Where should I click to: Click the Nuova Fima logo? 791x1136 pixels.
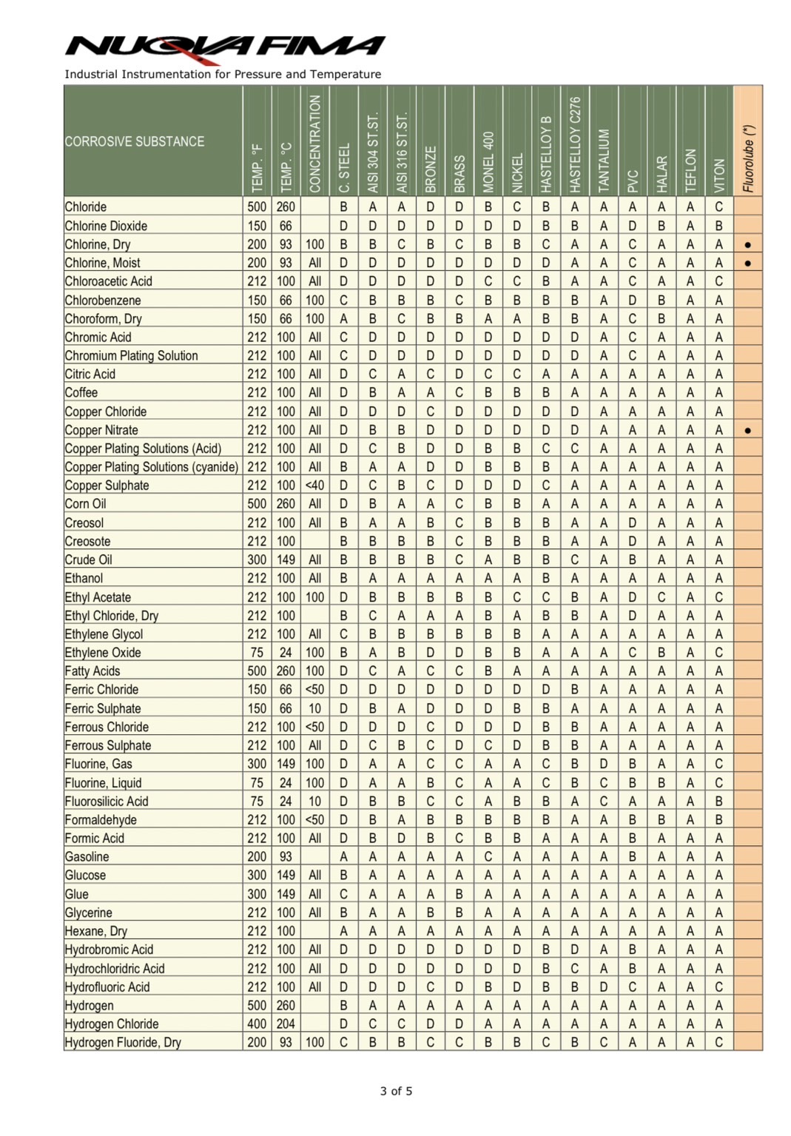tap(225, 47)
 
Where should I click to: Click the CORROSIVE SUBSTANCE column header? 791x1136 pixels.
tap(134, 141)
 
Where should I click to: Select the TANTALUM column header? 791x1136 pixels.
tap(604, 158)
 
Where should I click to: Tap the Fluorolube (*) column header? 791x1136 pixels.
tap(748, 158)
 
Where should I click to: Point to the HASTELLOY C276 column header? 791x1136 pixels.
tap(575, 144)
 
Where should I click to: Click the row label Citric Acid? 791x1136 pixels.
tap(90, 374)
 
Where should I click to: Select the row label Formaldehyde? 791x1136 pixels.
tap(101, 820)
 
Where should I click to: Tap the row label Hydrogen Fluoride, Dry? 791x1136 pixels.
tap(123, 1043)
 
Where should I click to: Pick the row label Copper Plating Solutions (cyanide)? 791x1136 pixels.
tap(151, 467)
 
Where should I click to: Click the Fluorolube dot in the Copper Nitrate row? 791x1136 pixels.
tap(748, 430)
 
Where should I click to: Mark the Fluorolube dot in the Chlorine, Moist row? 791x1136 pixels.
tap(748, 263)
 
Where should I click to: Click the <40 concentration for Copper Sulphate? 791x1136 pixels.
tap(315, 485)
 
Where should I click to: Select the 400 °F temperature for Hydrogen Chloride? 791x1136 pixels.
tap(257, 1024)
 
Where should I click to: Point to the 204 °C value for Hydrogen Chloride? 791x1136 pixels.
tap(286, 1024)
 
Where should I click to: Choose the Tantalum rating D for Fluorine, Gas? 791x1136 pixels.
tap(604, 764)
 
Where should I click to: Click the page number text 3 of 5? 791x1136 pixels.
tap(396, 1091)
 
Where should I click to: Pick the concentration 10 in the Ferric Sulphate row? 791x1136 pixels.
tap(315, 708)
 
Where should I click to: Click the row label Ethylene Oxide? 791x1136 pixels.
tap(103, 653)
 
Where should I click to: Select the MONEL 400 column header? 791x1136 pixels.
tap(488, 162)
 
